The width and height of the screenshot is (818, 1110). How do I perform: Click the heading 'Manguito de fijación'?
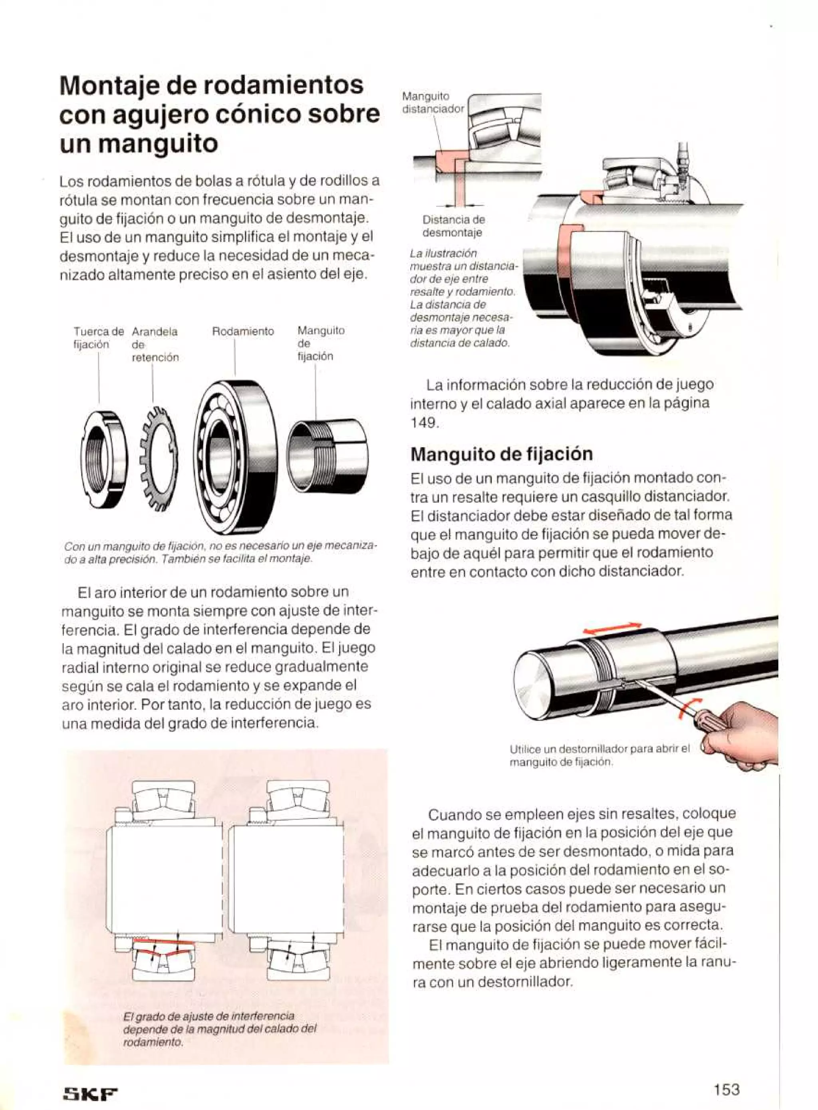pos(502,453)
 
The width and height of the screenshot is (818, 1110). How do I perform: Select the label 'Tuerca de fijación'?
pos(98,337)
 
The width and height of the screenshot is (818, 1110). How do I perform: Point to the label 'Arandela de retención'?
pos(155,344)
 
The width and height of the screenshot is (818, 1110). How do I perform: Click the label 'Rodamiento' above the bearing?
pos(242,331)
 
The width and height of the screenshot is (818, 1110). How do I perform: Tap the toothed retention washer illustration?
pos(158,458)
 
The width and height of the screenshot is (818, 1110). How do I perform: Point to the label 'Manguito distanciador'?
pos(433,102)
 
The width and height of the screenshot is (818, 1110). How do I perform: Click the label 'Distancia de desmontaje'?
pos(454,226)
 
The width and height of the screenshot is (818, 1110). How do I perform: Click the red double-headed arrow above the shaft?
pos(612,628)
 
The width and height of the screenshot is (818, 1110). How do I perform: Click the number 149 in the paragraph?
pos(424,422)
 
